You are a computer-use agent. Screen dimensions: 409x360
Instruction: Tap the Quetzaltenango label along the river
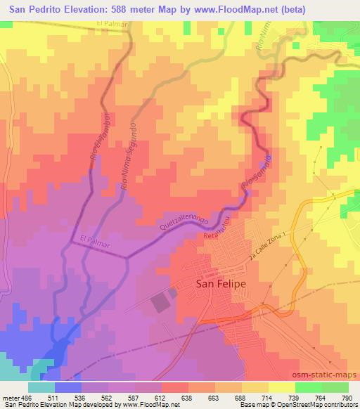(184, 222)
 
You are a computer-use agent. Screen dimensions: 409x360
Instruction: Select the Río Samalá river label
(256, 172)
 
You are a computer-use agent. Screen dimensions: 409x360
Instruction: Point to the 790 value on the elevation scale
(345, 398)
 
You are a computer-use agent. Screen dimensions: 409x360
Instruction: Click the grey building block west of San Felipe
(160, 303)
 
